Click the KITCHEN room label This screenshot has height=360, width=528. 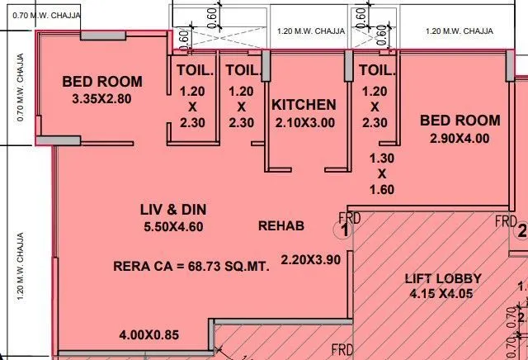pyautogui.click(x=304, y=105)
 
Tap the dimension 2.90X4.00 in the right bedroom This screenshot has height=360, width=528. pyautogui.click(x=460, y=139)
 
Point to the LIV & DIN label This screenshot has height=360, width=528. pyautogui.click(x=172, y=210)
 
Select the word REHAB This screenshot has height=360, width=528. pyautogui.click(x=281, y=225)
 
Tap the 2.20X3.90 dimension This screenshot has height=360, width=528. pyautogui.click(x=310, y=259)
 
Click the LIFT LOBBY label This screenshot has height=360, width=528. pyautogui.click(x=444, y=278)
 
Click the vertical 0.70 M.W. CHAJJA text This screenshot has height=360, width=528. pyautogui.click(x=21, y=89)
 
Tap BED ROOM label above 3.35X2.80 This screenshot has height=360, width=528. pyautogui.click(x=102, y=82)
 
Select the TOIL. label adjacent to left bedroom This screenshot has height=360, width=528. pyautogui.click(x=192, y=69)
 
